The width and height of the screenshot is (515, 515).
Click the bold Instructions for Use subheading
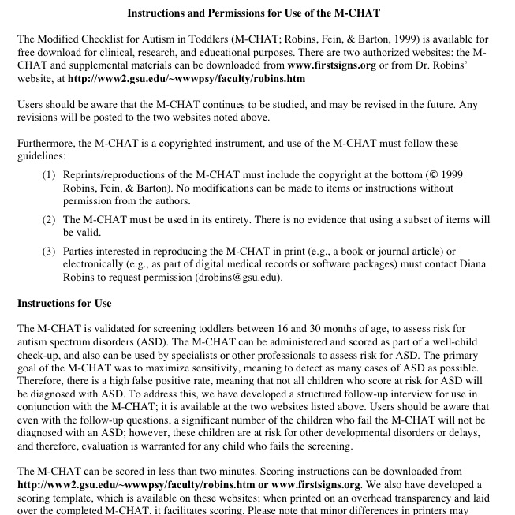pos(64,303)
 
